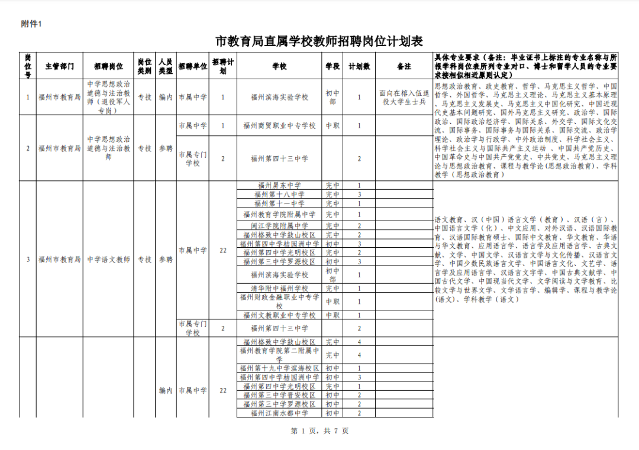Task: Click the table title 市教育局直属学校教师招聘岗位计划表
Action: [319, 41]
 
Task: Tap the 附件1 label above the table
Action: [31, 24]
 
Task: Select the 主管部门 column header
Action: [59, 66]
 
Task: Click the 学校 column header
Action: [279, 66]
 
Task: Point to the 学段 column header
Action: [333, 66]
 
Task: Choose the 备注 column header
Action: [404, 66]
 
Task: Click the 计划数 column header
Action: [359, 66]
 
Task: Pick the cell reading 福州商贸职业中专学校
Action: [279, 126]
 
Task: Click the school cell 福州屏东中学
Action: [279, 185]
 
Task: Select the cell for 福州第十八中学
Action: [279, 194]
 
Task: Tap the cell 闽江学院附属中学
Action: [279, 226]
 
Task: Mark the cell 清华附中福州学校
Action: [279, 289]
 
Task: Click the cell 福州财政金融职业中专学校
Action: [279, 302]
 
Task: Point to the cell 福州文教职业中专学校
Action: [279, 315]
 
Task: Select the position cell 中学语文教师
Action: [108, 259]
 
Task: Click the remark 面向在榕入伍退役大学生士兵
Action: [404, 97]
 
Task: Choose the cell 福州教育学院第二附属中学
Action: [279, 355]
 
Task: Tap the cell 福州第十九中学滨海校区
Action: [279, 368]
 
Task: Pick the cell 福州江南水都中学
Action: [279, 413]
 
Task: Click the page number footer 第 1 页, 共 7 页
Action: [320, 431]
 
